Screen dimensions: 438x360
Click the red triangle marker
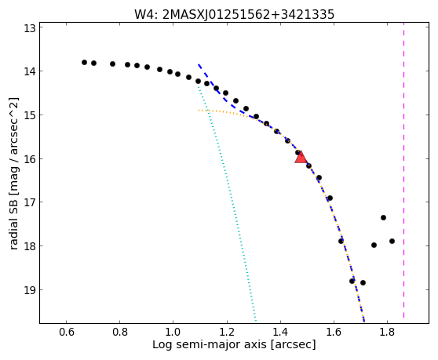point(301,157)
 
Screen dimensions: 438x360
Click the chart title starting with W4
point(235,15)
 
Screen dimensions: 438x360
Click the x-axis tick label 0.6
point(66,333)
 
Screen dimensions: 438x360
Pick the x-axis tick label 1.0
point(173,333)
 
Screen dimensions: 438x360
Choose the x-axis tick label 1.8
point(387,333)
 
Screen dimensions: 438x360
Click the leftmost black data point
point(84,62)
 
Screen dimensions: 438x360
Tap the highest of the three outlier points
point(383,217)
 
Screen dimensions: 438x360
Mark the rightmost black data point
point(392,241)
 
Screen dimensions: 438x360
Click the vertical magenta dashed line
point(404,170)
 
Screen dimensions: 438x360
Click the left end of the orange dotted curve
point(199,111)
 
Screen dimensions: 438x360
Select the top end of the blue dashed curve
point(199,64)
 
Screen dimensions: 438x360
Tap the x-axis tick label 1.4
point(280,333)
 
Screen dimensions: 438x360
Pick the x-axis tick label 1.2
point(227,333)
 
